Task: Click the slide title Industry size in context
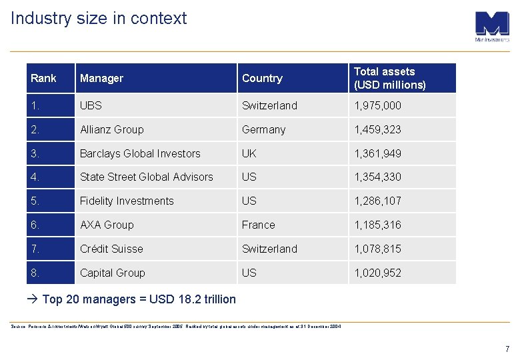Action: pos(99,19)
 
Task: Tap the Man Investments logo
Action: pos(492,26)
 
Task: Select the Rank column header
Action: pos(43,79)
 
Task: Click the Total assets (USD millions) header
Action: pos(389,78)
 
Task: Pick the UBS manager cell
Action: pos(91,105)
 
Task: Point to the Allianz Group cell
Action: pos(111,129)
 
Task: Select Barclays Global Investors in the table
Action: pos(140,153)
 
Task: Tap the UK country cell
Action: pos(249,153)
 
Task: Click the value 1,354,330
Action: pos(377,177)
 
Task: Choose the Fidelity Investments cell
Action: pos(127,201)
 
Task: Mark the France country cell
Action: pos(258,225)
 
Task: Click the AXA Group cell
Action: pos(107,225)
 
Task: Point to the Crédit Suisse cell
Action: pos(111,249)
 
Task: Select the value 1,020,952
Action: pos(377,273)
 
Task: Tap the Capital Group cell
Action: pos(112,273)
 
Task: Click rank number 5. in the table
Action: pos(35,201)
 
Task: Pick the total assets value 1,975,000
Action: pos(377,105)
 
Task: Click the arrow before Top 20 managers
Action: pos(34,299)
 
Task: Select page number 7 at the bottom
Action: pos(507,349)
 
